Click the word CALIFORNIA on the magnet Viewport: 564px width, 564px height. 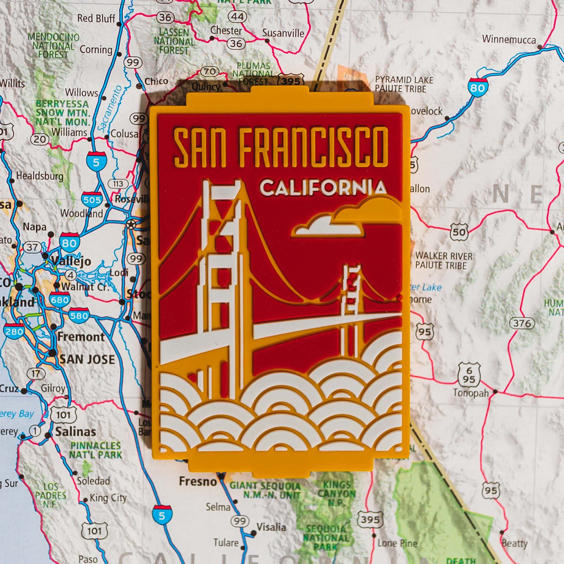323,188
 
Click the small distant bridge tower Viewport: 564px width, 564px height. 351,293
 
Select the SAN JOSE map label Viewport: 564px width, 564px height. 87,359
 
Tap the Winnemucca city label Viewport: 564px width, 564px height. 509,39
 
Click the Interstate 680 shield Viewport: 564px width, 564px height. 60,300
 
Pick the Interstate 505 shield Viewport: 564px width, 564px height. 92,199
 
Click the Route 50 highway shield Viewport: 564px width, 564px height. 459,232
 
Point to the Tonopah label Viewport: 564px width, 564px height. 471,393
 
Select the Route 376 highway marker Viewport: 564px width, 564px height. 522,323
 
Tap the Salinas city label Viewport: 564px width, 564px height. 75,432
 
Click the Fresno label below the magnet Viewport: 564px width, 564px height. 198,481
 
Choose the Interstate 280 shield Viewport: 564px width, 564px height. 14,331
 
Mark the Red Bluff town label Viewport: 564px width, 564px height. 96,18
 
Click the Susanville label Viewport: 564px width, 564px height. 283,33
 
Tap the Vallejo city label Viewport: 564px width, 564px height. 71,261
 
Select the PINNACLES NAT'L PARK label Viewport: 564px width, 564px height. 95,450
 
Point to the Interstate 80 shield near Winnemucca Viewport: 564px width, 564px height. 477,87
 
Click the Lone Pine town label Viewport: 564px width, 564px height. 397,543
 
